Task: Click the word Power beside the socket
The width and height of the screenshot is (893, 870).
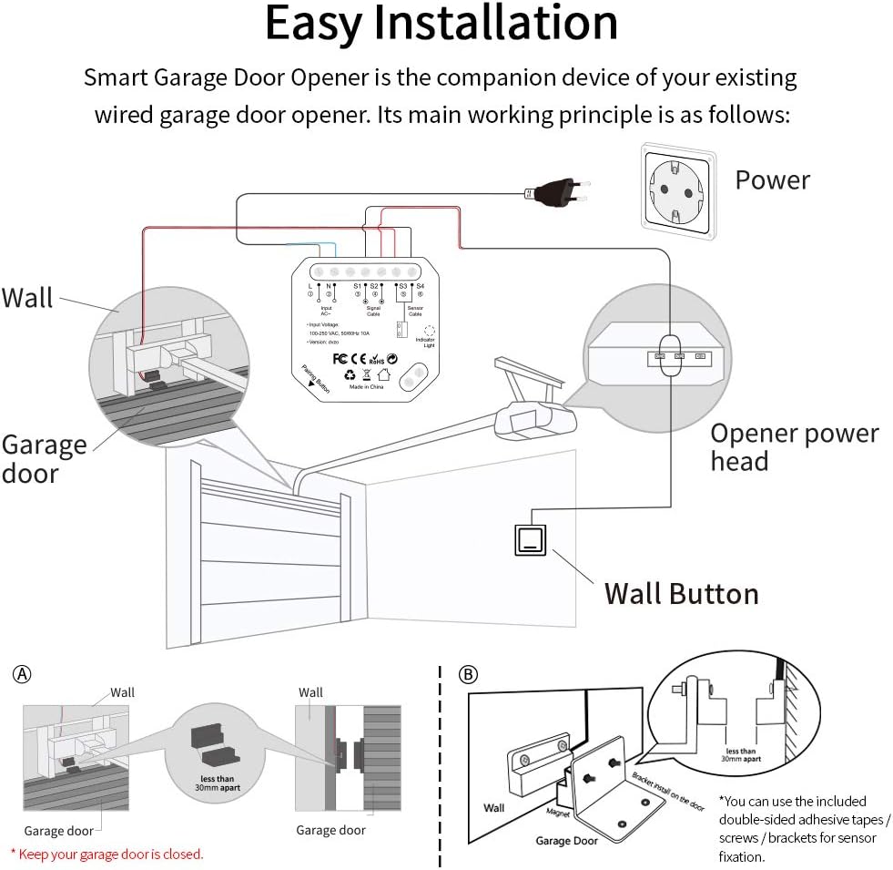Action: point(772,179)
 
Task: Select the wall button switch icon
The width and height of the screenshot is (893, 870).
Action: point(528,541)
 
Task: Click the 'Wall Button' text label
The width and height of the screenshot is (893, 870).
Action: point(681,594)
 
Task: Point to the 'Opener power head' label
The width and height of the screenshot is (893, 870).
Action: point(794,446)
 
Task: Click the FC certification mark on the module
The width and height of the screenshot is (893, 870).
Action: point(341,358)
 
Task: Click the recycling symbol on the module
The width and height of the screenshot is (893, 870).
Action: point(350,374)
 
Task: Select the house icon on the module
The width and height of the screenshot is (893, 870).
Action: point(385,374)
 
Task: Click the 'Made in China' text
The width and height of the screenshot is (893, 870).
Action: point(369,386)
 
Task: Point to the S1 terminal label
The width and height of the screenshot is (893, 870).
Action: point(358,286)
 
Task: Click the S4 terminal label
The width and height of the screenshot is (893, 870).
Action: point(420,286)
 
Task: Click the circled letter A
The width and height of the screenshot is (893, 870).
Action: point(22,675)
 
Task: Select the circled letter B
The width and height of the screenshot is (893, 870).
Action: point(467,675)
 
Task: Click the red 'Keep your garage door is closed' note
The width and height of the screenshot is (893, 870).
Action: point(107,854)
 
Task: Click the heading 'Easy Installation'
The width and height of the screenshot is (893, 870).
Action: point(441,25)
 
